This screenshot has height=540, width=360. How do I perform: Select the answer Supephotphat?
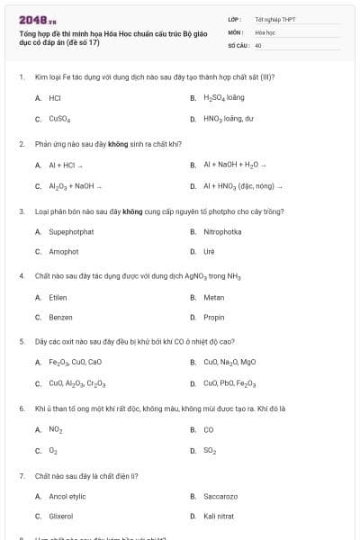(x=71, y=231)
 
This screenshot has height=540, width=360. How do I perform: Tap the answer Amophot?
(x=64, y=252)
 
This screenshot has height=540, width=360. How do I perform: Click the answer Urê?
(x=209, y=252)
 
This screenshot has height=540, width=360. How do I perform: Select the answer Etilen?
(x=58, y=297)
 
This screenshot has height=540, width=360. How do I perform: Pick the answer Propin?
(x=213, y=318)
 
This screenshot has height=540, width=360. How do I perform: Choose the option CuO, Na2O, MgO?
(x=229, y=362)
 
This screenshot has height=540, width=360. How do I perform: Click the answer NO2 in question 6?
(x=56, y=429)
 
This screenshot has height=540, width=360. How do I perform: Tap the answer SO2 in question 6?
(x=210, y=450)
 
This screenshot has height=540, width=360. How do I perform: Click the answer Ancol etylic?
(x=67, y=496)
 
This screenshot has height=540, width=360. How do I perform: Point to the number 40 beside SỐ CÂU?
(x=258, y=44)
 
